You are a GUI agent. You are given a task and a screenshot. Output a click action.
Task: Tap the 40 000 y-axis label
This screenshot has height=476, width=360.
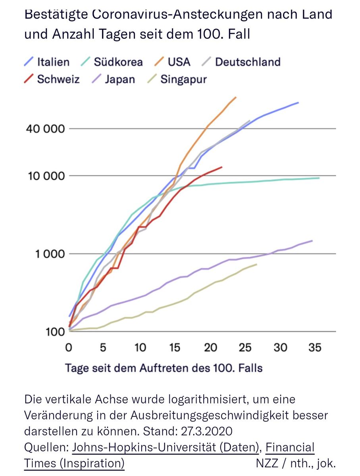pyautogui.click(x=44, y=129)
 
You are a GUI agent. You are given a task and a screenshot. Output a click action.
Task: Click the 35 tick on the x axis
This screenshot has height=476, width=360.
pyautogui.click(x=315, y=347)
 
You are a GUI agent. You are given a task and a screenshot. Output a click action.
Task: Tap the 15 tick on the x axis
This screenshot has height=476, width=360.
pyautogui.click(x=175, y=347)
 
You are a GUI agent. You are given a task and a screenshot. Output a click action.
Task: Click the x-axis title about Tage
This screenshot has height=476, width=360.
pyautogui.click(x=164, y=368)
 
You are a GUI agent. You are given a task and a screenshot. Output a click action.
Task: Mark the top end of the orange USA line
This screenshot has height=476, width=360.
pyautogui.click(x=236, y=97)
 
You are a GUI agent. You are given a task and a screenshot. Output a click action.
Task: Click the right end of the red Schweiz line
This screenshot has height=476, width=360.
pyautogui.click(x=221, y=167)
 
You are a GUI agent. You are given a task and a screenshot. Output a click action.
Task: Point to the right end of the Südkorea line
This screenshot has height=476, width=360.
pyautogui.click(x=319, y=178)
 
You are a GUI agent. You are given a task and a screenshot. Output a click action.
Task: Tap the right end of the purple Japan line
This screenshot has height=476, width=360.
pyautogui.click(x=312, y=240)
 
